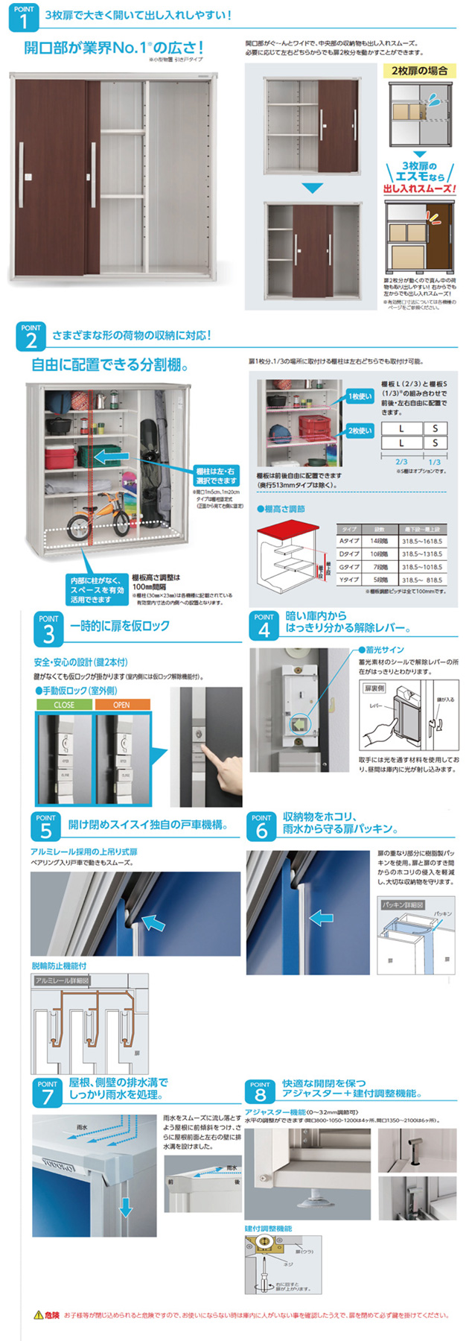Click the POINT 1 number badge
pos(24,17)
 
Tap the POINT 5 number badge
pos(46,826)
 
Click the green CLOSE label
pos(64,704)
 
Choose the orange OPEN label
pos(121,704)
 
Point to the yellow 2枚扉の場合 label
pos(420,71)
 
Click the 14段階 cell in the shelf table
pos(377,541)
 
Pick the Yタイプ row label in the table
pos(349,580)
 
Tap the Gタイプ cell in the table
pos(349,567)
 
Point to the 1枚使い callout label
pos(360,396)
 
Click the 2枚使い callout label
pos(360,431)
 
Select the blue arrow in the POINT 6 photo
pos(322,918)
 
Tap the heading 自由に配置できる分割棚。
pos(109,365)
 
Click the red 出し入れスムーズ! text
pos(418,189)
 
